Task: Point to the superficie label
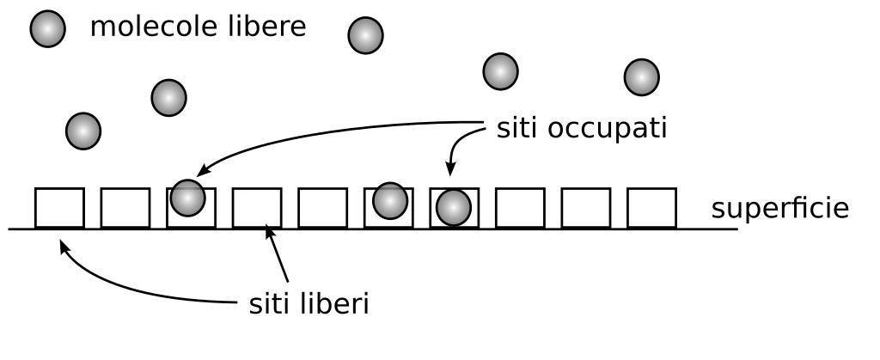point(779,209)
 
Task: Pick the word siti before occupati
point(518,128)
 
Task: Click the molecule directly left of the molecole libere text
point(48,30)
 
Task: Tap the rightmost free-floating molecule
point(641,77)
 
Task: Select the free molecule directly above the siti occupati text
point(501,71)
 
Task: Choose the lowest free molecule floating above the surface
point(83,131)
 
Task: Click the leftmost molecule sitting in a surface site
point(187,198)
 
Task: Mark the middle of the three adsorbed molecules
point(390,200)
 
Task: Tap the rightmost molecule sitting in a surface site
point(453,208)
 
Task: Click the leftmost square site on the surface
point(59,208)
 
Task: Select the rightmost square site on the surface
point(651,208)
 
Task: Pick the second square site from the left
point(125,208)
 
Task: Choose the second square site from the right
point(585,208)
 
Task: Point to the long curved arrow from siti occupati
point(327,136)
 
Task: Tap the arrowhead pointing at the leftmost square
point(63,247)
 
